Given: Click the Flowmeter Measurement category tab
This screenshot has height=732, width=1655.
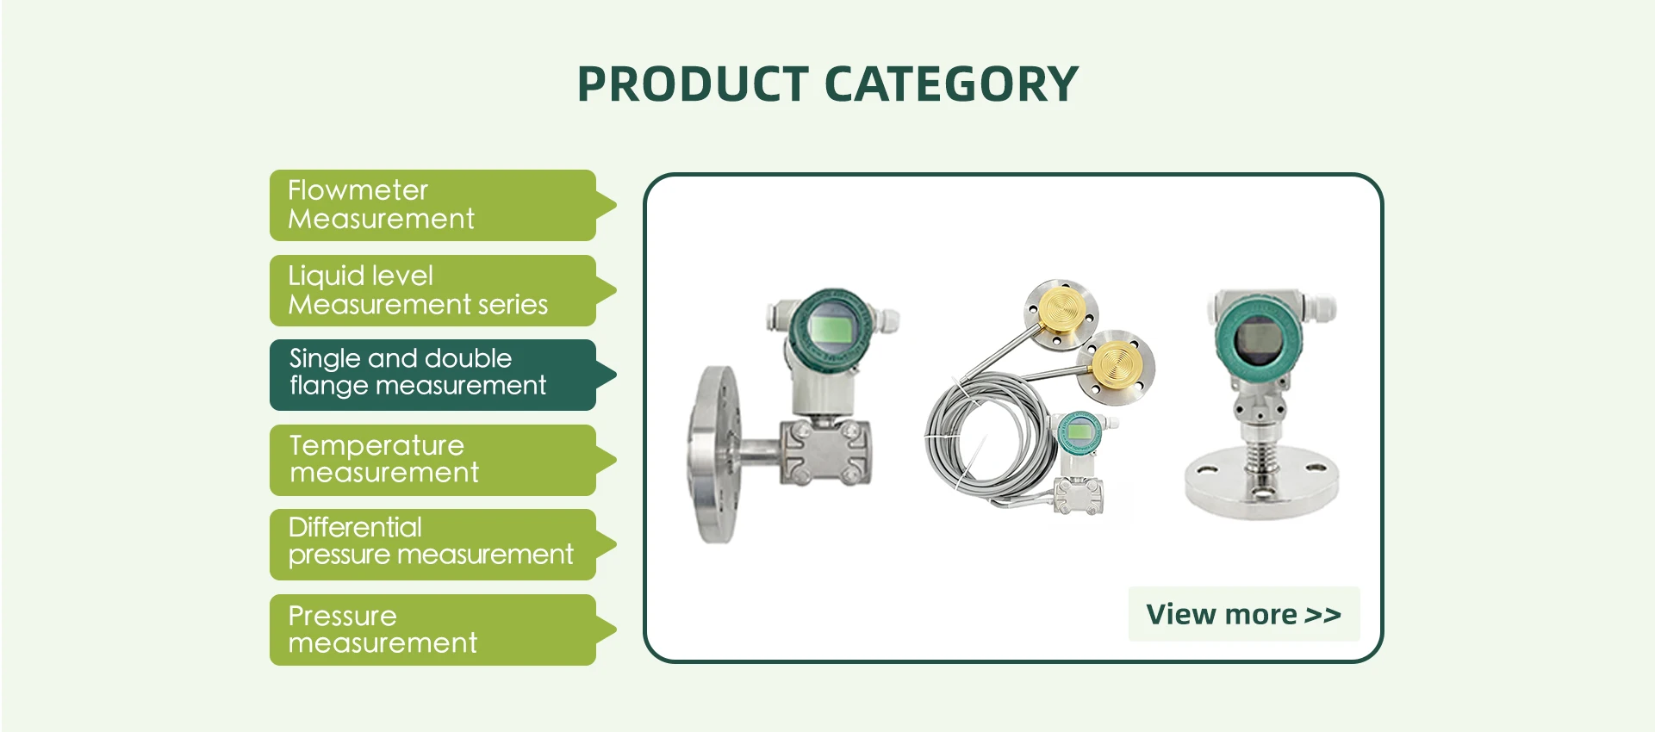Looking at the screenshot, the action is (432, 205).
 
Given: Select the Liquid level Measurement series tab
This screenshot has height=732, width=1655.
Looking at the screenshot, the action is (432, 290).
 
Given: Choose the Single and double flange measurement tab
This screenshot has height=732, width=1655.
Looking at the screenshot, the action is (432, 375).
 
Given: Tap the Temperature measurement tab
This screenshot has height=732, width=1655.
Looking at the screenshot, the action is (432, 460).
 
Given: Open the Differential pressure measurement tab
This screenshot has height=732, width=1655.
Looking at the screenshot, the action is (432, 544).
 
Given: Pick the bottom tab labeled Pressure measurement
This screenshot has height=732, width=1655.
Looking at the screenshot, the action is (432, 630).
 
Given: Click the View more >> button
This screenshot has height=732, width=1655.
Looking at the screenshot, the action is (1244, 614).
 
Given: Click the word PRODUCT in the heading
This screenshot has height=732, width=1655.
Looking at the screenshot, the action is (693, 84).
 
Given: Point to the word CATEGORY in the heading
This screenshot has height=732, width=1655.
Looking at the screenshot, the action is (951, 84).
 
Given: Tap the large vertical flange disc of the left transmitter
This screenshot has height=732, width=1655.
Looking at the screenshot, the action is (714, 455).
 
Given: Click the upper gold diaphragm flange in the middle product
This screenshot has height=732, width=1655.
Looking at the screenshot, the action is (1061, 315).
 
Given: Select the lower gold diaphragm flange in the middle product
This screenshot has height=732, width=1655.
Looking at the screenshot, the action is (1117, 366).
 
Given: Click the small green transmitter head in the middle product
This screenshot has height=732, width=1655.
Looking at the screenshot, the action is (1080, 431).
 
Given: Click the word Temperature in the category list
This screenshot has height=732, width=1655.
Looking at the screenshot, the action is (376, 445).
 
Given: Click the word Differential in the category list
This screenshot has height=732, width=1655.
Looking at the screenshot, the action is (355, 527).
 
